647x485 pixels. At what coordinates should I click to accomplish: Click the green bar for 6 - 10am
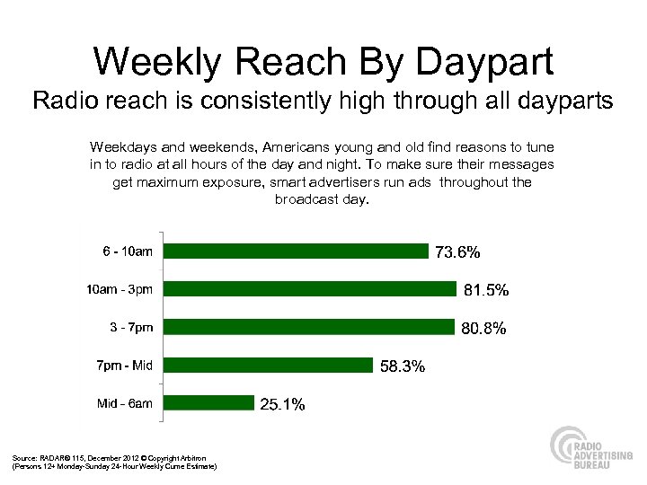coord(298,251)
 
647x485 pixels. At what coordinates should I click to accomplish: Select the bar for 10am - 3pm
coord(313,289)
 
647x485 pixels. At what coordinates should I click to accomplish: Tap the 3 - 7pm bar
coord(311,327)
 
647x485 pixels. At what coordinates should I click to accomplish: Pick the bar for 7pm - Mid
coord(270,365)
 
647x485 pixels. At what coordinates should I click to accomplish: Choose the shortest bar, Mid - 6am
coord(211,402)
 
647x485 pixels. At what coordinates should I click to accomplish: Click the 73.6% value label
coord(458,253)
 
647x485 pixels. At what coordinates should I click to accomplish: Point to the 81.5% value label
coord(486,291)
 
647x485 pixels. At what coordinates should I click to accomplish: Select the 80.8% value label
coord(484,329)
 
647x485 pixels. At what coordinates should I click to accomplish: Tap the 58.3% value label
coord(403,366)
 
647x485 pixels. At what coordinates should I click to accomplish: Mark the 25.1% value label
coord(282,405)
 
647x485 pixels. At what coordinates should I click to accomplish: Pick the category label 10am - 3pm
coord(119,289)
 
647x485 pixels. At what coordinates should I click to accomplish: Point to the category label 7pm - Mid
coord(124,365)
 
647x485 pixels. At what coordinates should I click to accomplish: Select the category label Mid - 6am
coord(125,403)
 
